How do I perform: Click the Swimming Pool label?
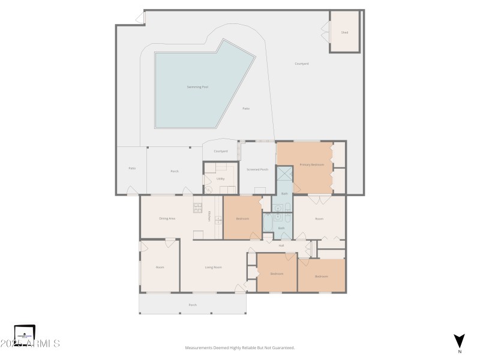click(x=197, y=87)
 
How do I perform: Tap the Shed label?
click(x=344, y=32)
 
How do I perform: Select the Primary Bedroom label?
click(x=312, y=164)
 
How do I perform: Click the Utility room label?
click(x=220, y=179)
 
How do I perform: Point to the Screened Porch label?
click(x=257, y=170)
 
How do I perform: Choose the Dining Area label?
click(x=167, y=218)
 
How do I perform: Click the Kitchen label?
click(x=209, y=217)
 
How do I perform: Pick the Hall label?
click(x=281, y=245)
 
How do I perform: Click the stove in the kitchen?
click(x=197, y=208)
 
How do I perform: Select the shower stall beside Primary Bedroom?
click(x=284, y=175)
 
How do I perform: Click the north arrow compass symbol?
click(x=460, y=340)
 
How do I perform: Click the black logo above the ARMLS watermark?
click(x=25, y=332)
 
